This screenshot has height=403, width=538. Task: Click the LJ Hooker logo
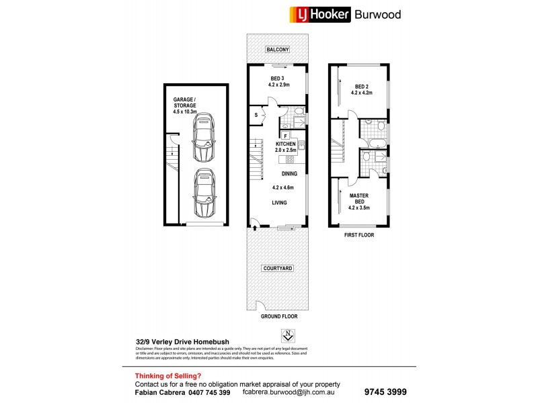click(x=319, y=14)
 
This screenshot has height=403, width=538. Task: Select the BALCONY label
click(x=277, y=50)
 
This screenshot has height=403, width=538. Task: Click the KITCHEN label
click(x=286, y=144)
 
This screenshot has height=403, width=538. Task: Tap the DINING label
click(x=280, y=173)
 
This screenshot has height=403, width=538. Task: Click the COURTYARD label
click(x=277, y=269)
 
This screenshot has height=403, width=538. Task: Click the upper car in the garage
click(x=202, y=138)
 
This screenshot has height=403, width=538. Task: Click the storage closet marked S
click(x=256, y=116)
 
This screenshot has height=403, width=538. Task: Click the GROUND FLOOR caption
click(x=277, y=315)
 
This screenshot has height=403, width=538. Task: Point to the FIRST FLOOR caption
click(x=359, y=235)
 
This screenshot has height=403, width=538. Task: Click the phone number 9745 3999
click(x=385, y=392)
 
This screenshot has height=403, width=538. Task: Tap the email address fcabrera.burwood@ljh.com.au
click(x=291, y=392)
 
